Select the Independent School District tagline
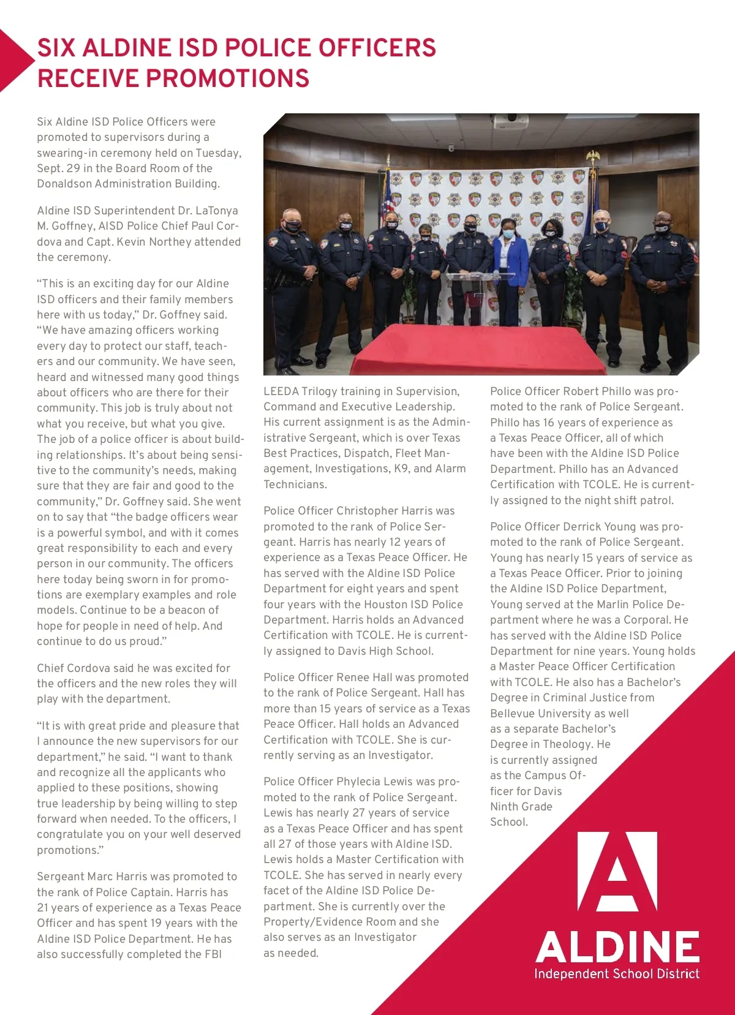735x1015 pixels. pyautogui.click(x=616, y=974)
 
